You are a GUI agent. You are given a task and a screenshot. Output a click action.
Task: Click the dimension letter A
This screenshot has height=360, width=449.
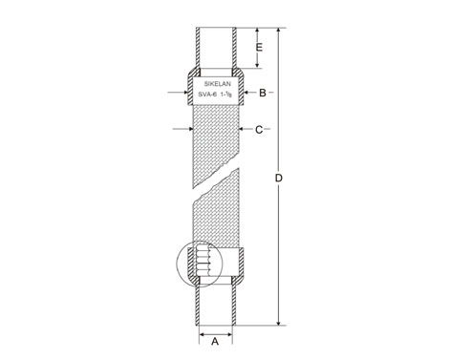(x=215, y=342)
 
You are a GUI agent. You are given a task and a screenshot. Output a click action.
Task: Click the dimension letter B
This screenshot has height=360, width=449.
(x=263, y=93)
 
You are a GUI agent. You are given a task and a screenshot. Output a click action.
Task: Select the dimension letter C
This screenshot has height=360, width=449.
(x=259, y=130)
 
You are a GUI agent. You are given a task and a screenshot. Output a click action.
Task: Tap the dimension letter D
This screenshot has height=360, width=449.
(x=279, y=179)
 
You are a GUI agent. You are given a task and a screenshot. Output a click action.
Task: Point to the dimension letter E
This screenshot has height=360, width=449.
(x=260, y=48)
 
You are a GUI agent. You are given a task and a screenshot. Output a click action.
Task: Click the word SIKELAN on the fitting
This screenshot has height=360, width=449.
(x=218, y=84)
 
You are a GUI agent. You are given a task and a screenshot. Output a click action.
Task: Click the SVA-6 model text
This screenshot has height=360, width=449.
(x=207, y=95)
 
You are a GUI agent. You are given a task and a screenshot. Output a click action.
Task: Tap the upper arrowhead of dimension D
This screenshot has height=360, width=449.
(x=279, y=31)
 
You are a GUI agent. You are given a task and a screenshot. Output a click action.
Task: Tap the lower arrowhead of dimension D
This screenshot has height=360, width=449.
(x=279, y=323)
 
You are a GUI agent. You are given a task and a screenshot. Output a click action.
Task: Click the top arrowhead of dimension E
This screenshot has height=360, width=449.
(x=257, y=31)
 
